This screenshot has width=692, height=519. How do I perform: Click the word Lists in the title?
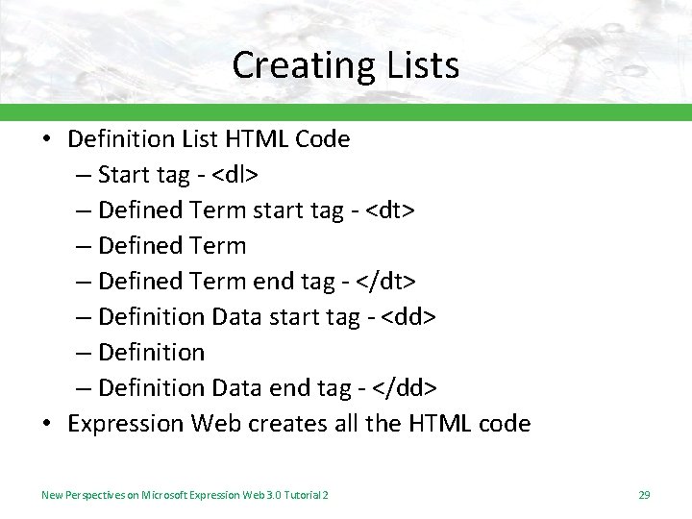(x=419, y=65)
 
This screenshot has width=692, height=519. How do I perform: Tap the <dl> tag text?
(x=234, y=175)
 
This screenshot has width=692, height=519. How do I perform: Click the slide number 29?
(x=644, y=495)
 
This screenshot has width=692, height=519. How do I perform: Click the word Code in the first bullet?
(x=322, y=139)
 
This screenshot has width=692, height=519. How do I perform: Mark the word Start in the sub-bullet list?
(x=125, y=175)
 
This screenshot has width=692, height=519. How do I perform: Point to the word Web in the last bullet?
(x=217, y=423)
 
